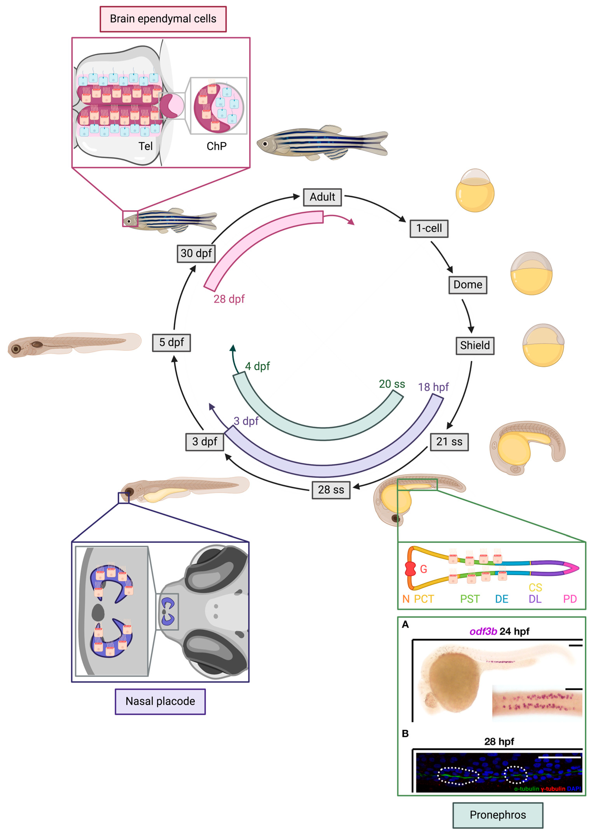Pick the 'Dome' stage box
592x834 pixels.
point(468,285)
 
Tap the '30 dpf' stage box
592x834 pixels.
point(196,253)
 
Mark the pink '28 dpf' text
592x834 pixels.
point(229,299)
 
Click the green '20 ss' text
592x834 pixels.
point(392,384)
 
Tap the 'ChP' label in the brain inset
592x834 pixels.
point(216,146)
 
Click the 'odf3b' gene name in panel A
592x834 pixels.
point(483,631)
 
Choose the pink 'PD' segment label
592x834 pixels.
point(570,599)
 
